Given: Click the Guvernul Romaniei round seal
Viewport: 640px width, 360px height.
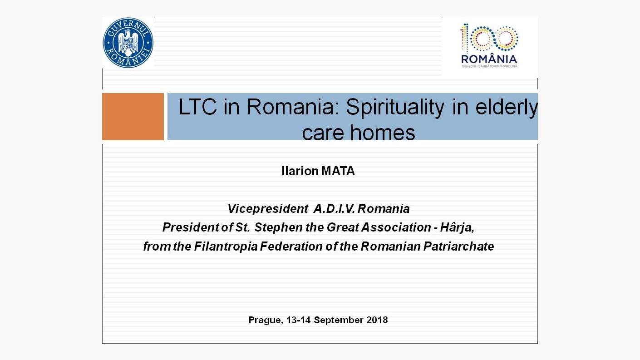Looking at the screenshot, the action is tap(128, 43).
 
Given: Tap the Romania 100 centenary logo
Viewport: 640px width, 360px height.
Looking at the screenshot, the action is tap(489, 46).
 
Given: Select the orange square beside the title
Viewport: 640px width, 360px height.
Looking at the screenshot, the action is tap(133, 117).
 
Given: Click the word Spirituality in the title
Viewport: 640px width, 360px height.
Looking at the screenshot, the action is tap(395, 108).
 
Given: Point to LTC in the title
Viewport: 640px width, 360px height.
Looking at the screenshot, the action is tap(197, 107).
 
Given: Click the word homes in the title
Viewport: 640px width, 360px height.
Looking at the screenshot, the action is tap(383, 133).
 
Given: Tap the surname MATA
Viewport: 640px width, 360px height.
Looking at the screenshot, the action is tap(338, 171).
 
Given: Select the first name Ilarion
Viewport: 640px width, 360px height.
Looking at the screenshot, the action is tap(300, 171).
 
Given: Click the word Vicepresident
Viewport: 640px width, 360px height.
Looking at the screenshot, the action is tap(268, 209).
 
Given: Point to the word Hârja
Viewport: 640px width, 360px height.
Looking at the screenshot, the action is tap(457, 228).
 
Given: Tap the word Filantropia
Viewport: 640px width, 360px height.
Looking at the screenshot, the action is tap(226, 247).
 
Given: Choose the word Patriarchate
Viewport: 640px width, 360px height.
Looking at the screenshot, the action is tap(458, 247).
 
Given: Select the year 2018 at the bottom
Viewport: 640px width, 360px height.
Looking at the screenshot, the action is tap(377, 320).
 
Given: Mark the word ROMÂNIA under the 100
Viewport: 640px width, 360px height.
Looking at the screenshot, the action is tap(489, 59).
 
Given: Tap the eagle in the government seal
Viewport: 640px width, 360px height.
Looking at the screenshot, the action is tap(128, 43).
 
